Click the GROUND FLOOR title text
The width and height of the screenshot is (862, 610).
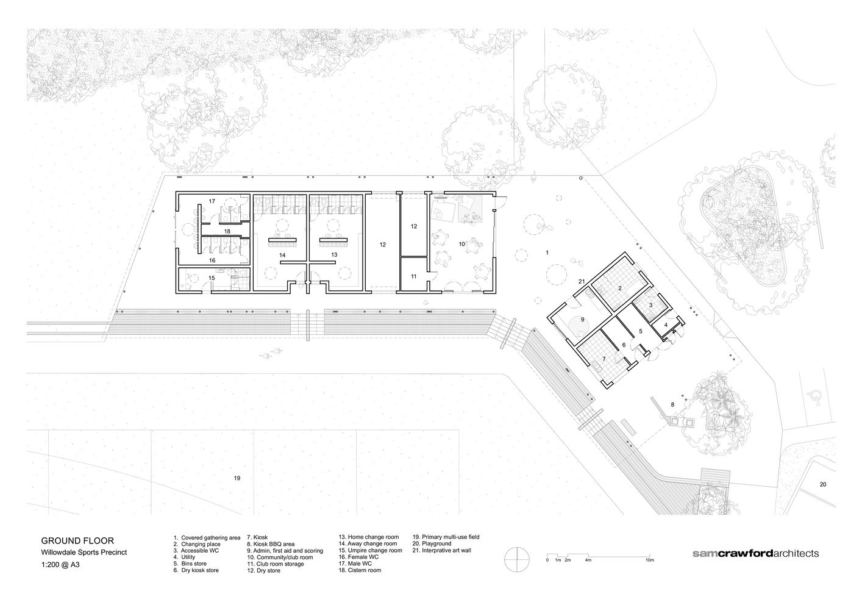(77, 540)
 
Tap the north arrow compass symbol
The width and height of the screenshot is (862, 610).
(518, 559)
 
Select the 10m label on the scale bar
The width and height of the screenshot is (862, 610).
(650, 560)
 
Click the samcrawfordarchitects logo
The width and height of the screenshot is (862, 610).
(755, 553)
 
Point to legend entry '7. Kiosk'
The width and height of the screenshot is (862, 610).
(257, 537)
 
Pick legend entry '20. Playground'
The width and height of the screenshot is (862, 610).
(432, 544)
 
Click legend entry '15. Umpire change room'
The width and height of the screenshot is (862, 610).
(370, 550)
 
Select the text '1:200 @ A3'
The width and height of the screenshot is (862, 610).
(60, 565)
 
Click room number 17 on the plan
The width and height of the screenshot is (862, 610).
(212, 201)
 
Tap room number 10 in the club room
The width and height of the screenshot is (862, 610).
(461, 244)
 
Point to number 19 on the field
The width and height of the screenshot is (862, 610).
(237, 478)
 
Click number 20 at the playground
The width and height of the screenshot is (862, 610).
(823, 484)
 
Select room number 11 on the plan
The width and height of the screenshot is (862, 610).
(414, 276)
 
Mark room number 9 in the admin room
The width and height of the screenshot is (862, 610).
(583, 319)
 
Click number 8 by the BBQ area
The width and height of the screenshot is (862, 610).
(672, 404)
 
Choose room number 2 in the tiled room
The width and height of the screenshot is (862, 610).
(619, 288)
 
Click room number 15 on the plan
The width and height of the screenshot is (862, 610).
(212, 278)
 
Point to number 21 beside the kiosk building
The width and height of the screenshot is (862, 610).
(582, 281)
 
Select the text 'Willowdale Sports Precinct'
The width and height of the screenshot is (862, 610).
(84, 552)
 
